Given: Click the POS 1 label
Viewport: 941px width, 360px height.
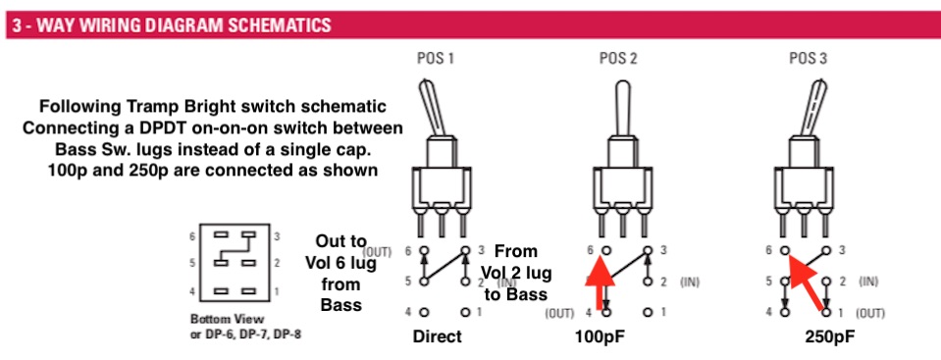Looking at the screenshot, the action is tap(435, 58).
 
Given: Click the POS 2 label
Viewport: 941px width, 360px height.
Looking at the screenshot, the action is tap(618, 58).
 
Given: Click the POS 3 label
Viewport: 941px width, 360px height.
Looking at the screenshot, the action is tap(809, 58).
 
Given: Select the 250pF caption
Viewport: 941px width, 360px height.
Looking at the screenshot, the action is tap(829, 336).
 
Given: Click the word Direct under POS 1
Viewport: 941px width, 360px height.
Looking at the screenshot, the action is tap(438, 336).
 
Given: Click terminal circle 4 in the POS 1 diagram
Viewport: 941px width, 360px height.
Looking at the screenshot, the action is tap(424, 312).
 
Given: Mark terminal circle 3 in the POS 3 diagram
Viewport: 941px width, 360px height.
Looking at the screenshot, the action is tap(826, 250).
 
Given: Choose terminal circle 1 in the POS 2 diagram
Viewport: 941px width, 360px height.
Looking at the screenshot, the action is tap(648, 312).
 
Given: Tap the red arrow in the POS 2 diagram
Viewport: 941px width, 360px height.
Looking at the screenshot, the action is tap(601, 282).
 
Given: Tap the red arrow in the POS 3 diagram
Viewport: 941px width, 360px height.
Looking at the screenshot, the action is tap(807, 282).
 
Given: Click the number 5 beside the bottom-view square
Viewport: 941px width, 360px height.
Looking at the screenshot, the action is tap(192, 262).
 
